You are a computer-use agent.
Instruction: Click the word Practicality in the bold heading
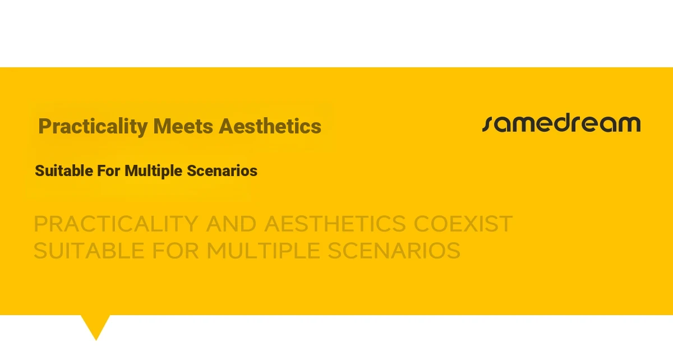tap(93, 127)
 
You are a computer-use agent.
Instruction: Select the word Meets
tap(183, 126)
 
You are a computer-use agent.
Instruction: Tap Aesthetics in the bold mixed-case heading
tap(270, 126)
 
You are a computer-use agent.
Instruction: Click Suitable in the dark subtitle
tap(64, 170)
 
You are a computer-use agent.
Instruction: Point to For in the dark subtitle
tap(108, 170)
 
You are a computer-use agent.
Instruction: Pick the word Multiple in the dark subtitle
tap(153, 171)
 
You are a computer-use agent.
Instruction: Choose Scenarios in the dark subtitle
tap(222, 170)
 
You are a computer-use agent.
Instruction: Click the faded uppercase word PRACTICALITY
tap(116, 224)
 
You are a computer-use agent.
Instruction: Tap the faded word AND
tap(231, 224)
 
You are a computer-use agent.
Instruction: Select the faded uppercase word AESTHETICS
tap(335, 224)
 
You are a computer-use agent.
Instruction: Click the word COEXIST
tap(463, 224)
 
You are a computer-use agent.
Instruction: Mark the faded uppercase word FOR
tap(176, 251)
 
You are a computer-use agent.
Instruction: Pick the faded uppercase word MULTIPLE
tap(263, 251)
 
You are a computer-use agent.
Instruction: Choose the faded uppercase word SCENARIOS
tap(394, 251)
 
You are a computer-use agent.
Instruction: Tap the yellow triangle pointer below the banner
tap(95, 325)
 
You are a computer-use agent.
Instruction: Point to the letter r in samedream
tap(580, 124)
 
